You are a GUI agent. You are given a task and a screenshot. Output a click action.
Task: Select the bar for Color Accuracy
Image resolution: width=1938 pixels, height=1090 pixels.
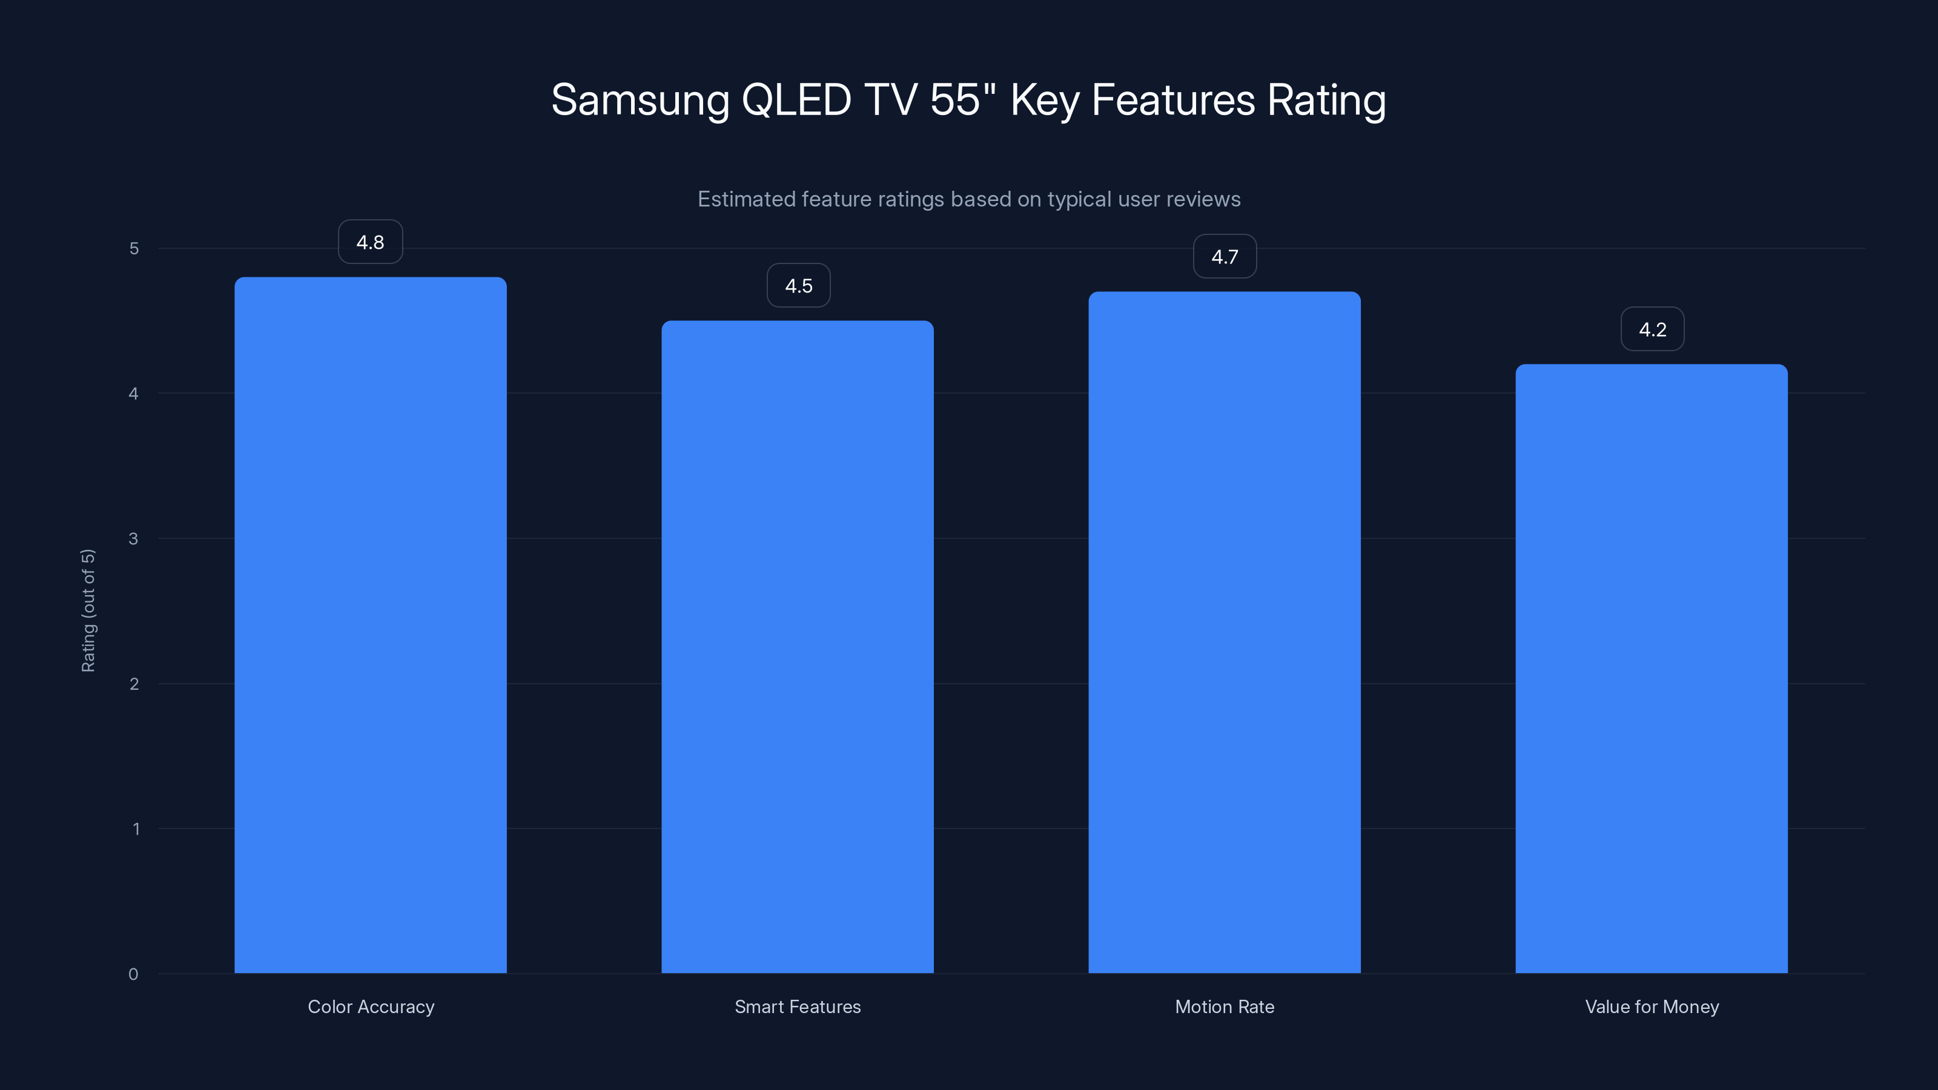tap(370, 624)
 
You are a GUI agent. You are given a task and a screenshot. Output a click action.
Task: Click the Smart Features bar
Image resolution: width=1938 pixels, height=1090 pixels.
tap(798, 647)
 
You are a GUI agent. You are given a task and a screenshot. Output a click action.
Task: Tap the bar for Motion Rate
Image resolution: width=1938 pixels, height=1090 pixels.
tap(1224, 632)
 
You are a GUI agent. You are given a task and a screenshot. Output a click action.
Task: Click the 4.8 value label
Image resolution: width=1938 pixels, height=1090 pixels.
tap(370, 242)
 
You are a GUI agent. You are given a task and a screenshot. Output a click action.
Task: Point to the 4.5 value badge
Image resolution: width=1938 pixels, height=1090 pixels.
tap(798, 286)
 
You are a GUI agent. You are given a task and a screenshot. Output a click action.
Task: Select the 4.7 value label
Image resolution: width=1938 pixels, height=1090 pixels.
tap(1225, 257)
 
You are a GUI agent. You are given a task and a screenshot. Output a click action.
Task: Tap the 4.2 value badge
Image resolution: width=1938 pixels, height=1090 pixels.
tap(1652, 329)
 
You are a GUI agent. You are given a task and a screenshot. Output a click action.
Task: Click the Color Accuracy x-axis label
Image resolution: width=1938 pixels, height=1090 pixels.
tap(371, 1006)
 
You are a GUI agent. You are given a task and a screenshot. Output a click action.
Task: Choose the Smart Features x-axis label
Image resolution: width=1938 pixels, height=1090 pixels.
tap(798, 1006)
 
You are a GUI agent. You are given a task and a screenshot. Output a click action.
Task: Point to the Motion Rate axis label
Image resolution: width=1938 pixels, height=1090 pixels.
tap(1225, 1006)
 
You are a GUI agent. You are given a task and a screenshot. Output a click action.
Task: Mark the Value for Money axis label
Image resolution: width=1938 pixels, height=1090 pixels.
tap(1652, 1006)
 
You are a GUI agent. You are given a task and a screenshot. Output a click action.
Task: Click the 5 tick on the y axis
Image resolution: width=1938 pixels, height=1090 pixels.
tap(134, 248)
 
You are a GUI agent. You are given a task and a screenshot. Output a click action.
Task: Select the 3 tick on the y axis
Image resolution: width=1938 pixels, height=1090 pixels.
tap(133, 538)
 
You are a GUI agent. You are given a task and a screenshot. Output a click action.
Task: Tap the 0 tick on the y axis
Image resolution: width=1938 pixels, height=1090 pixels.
tap(133, 974)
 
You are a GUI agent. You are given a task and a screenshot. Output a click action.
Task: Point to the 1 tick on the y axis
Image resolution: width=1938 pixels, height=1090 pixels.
tap(136, 829)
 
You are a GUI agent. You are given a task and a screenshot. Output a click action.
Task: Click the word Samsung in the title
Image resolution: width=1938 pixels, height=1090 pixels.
tap(640, 100)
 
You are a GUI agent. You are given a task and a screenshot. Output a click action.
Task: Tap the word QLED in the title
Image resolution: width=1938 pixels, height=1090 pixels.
tap(796, 100)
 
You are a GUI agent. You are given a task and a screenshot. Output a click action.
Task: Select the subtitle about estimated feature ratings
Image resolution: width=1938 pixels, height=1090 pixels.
tap(968, 199)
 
